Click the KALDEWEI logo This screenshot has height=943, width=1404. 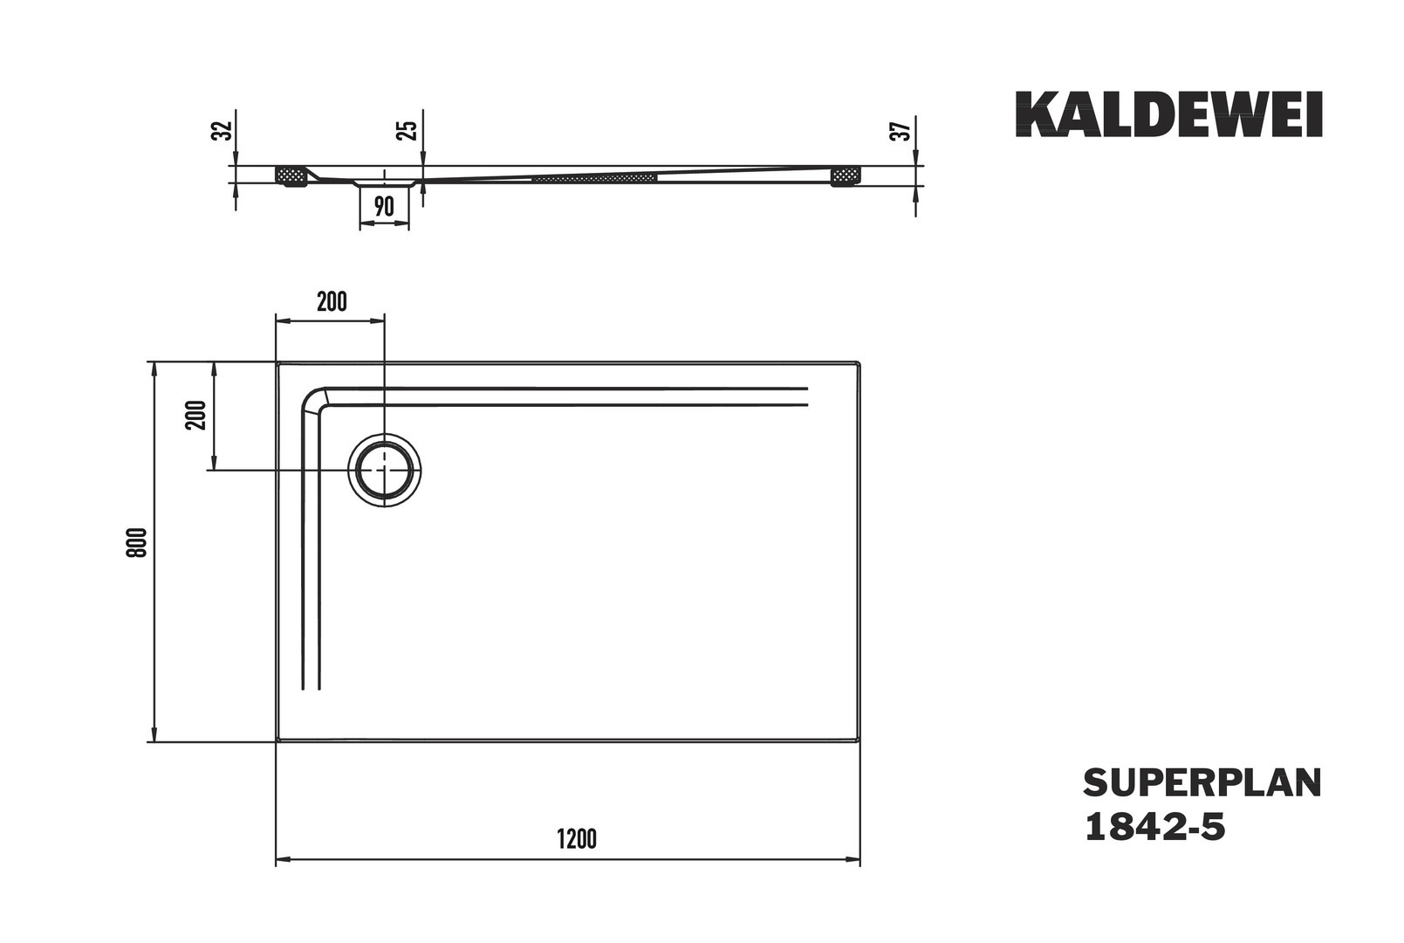coord(1168,114)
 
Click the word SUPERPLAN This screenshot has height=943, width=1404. coord(1202,783)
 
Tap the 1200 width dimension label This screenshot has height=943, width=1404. coord(577,839)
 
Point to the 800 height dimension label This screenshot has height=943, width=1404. coord(138,542)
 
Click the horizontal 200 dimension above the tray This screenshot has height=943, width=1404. coord(332,302)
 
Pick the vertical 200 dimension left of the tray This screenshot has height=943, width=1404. coord(195,415)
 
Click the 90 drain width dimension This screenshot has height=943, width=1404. coord(384,206)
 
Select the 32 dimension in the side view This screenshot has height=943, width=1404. coord(223,130)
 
